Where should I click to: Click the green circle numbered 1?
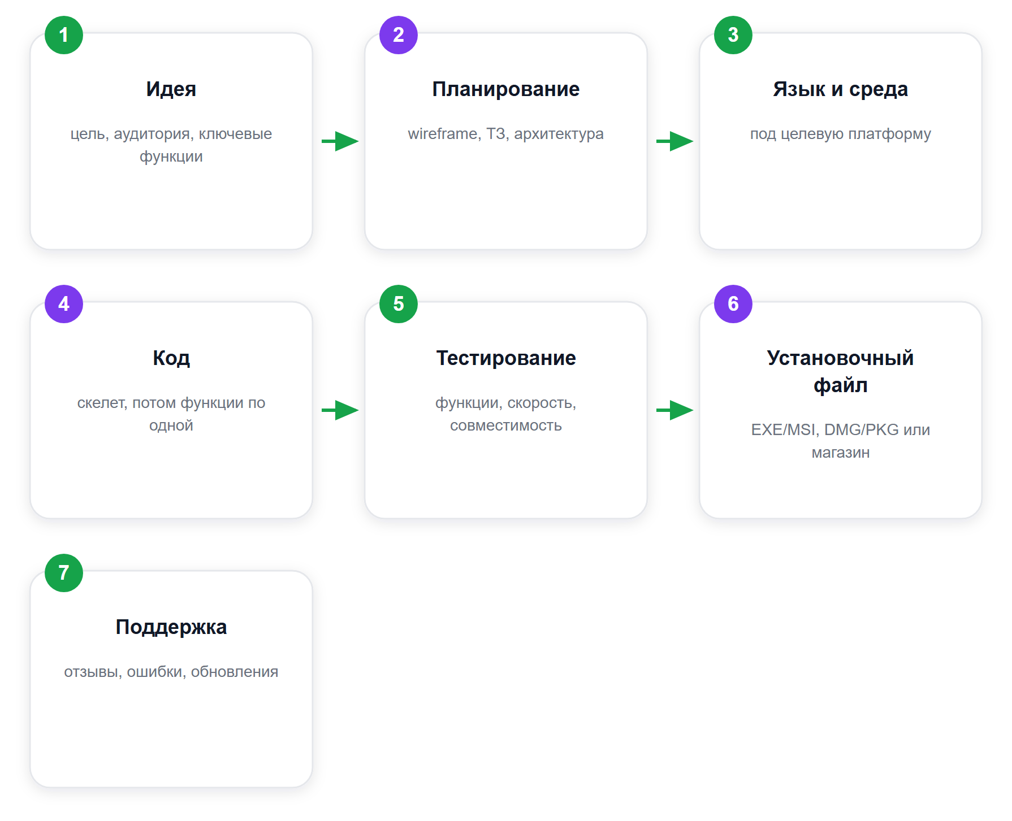64,35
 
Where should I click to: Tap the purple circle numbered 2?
399,35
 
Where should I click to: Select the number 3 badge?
733,35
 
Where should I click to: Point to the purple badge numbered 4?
64,304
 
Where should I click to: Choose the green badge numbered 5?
399,304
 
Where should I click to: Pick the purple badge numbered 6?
733,304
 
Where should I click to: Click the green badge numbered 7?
64,573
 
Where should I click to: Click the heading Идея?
171,89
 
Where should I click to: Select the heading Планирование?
506,89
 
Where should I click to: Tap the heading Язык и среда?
841,89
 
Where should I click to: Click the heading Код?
171,358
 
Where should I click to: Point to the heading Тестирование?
506,358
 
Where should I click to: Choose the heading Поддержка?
171,627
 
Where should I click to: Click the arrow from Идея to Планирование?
340,141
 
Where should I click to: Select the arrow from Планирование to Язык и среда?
674,141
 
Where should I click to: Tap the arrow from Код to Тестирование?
340,410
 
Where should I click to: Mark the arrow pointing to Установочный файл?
674,410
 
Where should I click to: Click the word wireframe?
443,134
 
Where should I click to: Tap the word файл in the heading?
841,385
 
